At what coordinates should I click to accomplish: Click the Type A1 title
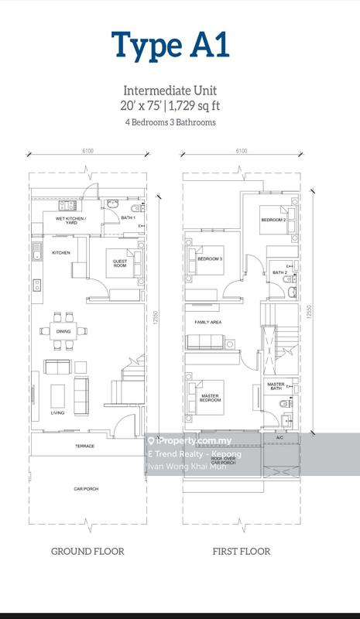(170, 45)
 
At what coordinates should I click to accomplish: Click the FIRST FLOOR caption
(242, 552)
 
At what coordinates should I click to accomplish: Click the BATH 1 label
(128, 218)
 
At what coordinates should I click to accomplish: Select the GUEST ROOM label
(120, 263)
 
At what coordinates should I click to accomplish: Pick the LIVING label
(57, 413)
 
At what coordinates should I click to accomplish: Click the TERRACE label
(85, 446)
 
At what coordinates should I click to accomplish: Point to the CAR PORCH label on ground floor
(85, 488)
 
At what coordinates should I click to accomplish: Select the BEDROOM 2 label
(273, 221)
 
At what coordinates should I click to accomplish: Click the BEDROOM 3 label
(210, 259)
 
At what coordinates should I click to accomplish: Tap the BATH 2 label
(279, 273)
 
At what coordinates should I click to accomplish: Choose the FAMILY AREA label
(209, 320)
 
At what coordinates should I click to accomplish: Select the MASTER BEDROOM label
(210, 398)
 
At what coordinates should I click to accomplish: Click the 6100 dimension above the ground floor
(85, 152)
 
